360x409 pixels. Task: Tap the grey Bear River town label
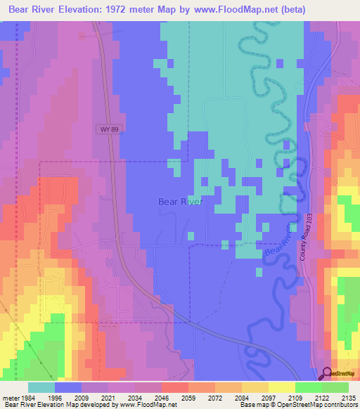tap(180, 202)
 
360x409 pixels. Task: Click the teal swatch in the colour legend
tap(41, 387)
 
